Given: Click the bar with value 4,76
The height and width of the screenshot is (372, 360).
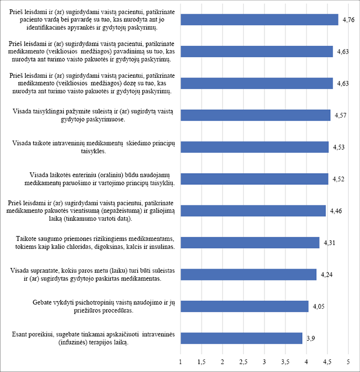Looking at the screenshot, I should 259,19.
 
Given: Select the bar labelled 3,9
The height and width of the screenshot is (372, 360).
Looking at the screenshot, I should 241,338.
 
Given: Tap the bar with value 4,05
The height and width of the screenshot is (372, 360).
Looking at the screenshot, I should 244,306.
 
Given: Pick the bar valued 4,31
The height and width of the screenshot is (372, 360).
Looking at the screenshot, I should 250,242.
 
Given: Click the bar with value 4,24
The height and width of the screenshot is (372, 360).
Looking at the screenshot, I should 248,274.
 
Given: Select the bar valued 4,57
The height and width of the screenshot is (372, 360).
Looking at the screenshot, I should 255,115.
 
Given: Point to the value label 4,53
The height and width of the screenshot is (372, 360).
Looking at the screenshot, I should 338,147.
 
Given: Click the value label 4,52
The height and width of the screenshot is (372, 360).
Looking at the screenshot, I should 337,179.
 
